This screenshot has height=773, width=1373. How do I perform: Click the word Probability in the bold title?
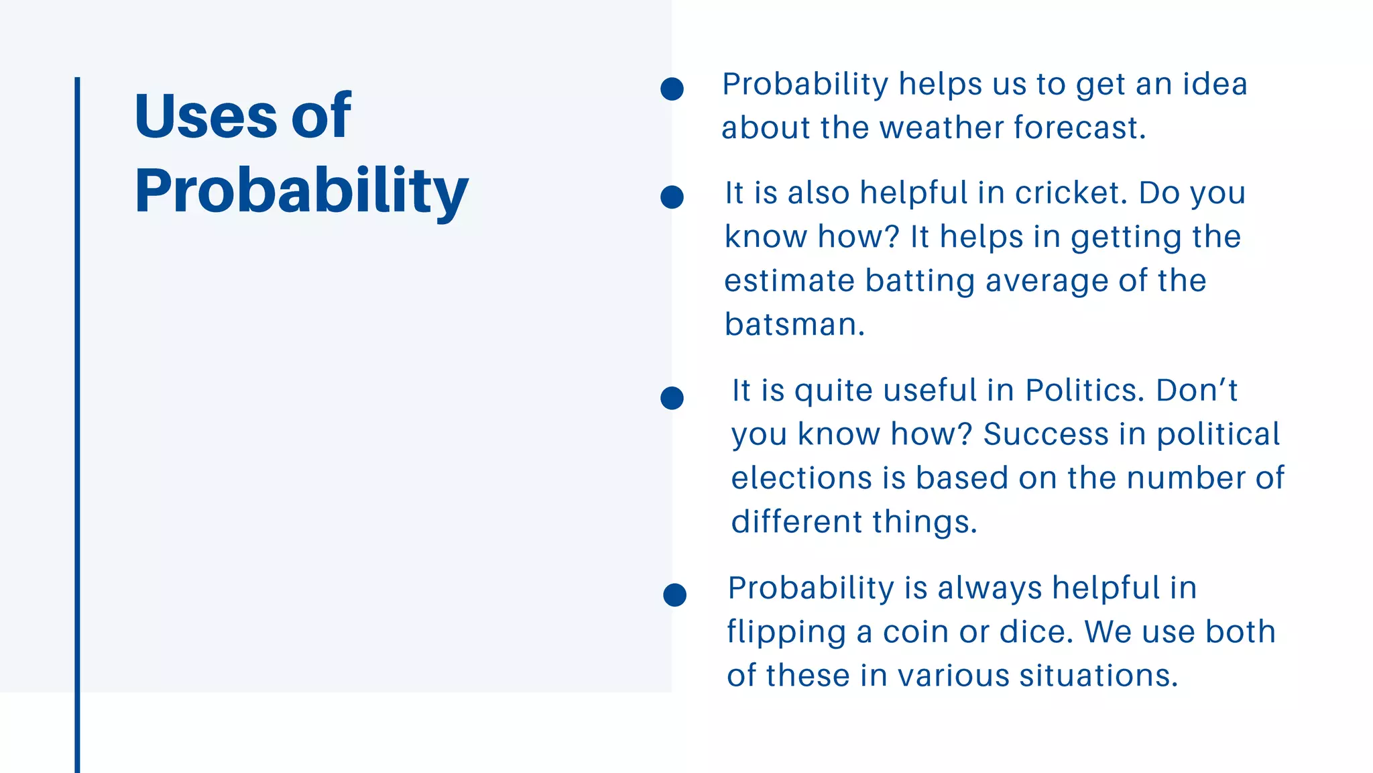pos(301,191)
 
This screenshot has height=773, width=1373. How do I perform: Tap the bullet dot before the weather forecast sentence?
pos(672,89)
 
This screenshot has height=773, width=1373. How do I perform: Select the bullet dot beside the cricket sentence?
pos(672,197)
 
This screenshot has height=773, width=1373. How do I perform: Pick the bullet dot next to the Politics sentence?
pos(672,398)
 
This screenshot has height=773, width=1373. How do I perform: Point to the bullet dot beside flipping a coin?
pos(674,595)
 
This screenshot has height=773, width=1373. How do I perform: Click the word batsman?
pos(794,325)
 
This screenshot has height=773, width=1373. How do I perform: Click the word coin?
pos(915,632)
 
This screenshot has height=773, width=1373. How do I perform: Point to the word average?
pos(1047,281)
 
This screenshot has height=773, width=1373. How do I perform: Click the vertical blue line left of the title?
pos(77,403)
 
